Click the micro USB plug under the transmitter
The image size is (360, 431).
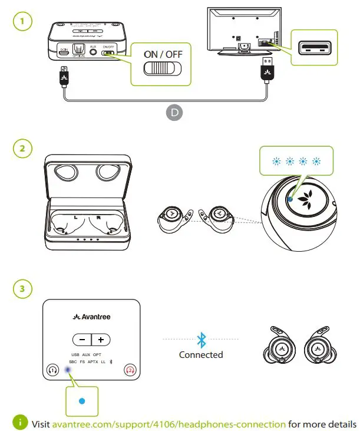click(64, 77)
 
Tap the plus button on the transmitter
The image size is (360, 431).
click(101, 340)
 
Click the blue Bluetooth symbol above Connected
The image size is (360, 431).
click(201, 340)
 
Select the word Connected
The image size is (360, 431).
click(201, 355)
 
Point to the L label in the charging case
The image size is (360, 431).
click(75, 218)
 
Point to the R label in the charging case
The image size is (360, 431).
click(98, 218)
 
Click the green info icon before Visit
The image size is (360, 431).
click(21, 423)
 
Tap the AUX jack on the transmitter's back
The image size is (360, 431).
click(93, 52)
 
